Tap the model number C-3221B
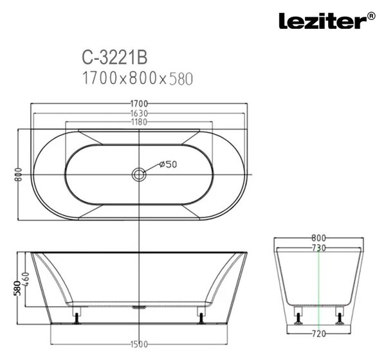(115, 57)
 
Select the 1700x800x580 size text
(138, 78)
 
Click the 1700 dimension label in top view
(139, 104)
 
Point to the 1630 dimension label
(139, 113)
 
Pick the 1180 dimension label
(139, 122)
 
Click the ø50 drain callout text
(168, 164)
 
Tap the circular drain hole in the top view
(139, 174)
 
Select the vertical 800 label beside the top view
(18, 174)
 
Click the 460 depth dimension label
(26, 279)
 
